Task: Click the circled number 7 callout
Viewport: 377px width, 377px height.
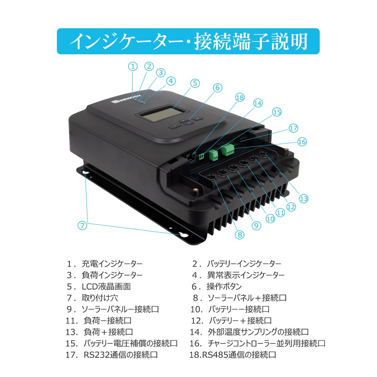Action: coord(83,225)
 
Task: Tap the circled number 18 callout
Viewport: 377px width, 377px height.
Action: coord(240,97)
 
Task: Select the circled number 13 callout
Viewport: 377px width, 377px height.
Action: coord(303,199)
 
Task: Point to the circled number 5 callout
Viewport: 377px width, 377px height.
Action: coord(195,83)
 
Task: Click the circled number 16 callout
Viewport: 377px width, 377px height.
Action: coord(302,142)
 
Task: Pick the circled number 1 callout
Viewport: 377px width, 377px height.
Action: coord(133,66)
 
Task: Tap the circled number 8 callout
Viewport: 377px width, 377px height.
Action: coord(240,234)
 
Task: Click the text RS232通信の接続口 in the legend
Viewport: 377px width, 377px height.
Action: coord(121,355)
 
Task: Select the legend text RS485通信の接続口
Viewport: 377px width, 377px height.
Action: coord(239,355)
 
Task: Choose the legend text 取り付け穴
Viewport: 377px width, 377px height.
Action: coord(100,298)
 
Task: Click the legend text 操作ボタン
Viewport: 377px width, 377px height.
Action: coord(224,287)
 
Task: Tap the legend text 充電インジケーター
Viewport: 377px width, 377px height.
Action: coord(112,264)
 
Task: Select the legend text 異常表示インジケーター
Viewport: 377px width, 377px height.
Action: coord(246,275)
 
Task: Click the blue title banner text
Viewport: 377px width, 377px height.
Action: coord(188,41)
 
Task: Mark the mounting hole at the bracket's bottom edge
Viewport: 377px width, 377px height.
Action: coord(183,235)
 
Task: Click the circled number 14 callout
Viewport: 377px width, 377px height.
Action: coord(258,103)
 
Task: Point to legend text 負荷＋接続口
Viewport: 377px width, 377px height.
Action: coord(108,332)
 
